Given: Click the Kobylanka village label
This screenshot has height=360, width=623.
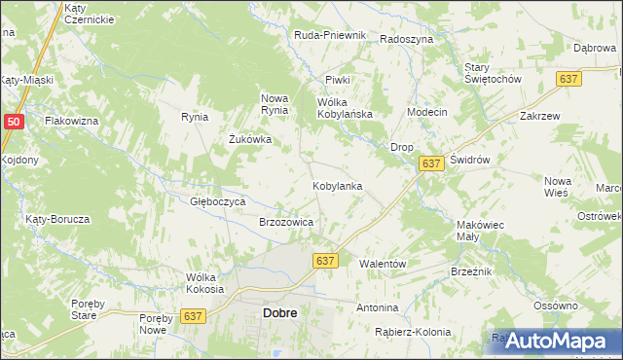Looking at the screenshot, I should tap(337, 185).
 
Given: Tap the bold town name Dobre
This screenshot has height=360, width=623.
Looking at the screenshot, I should tap(279, 313).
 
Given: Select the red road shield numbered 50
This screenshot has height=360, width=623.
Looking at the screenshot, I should tap(13, 122).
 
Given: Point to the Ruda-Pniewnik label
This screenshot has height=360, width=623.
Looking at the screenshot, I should tap(329, 35).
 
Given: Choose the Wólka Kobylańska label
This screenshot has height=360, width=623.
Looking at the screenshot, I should tap(346, 108).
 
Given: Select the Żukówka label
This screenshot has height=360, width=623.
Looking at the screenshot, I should tap(249, 139).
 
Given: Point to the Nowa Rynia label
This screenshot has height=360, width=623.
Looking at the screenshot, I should tap(275, 104).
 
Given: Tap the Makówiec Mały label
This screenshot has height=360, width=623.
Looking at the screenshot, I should tap(479, 231).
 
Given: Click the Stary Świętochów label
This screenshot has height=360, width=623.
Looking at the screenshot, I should tap(494, 72).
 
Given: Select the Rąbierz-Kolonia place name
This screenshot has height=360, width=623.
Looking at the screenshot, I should tap(413, 332).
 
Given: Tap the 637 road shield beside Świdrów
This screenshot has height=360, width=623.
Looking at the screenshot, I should tap(433, 165).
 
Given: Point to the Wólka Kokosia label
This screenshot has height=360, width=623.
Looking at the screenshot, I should tap(204, 283).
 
